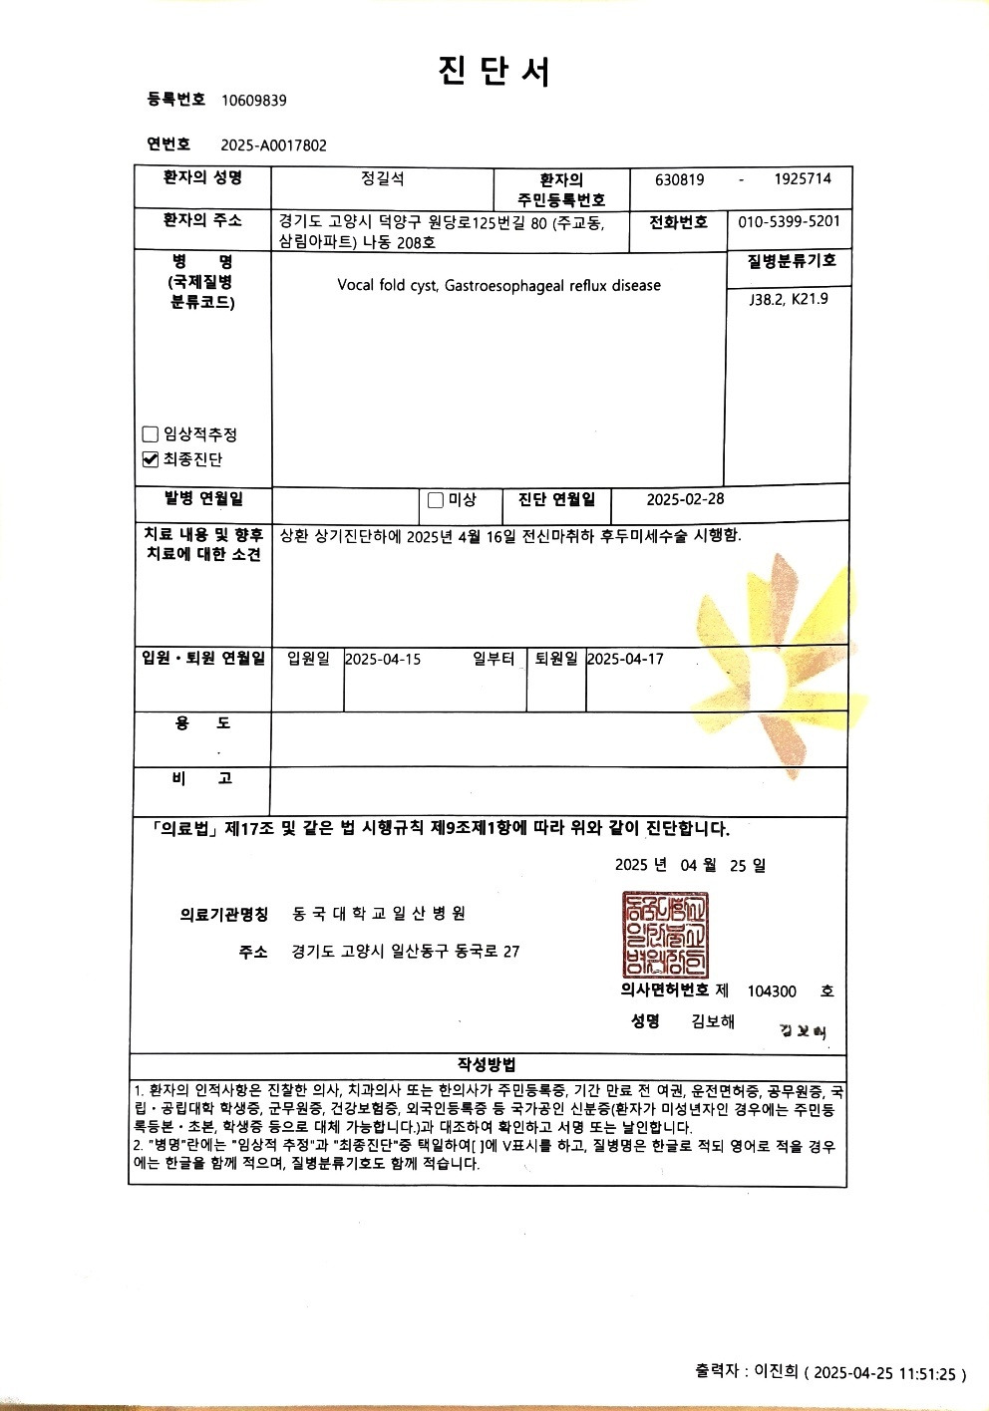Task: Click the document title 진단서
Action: tap(494, 71)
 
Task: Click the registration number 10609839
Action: tap(253, 100)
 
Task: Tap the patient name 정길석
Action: tap(383, 179)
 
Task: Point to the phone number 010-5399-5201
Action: tap(789, 221)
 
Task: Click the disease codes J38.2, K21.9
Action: tap(788, 299)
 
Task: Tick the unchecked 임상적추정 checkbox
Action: tap(151, 434)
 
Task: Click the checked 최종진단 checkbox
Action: tap(151, 459)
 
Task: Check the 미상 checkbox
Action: tap(435, 500)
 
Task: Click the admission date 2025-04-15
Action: tap(383, 660)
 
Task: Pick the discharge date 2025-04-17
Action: tap(625, 660)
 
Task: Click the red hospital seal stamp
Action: tap(665, 935)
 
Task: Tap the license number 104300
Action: tap(772, 991)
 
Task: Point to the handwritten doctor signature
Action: tap(803, 1031)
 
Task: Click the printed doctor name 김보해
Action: tap(713, 1021)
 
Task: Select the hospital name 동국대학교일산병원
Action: tap(379, 914)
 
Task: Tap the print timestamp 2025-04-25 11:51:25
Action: tap(886, 1374)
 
